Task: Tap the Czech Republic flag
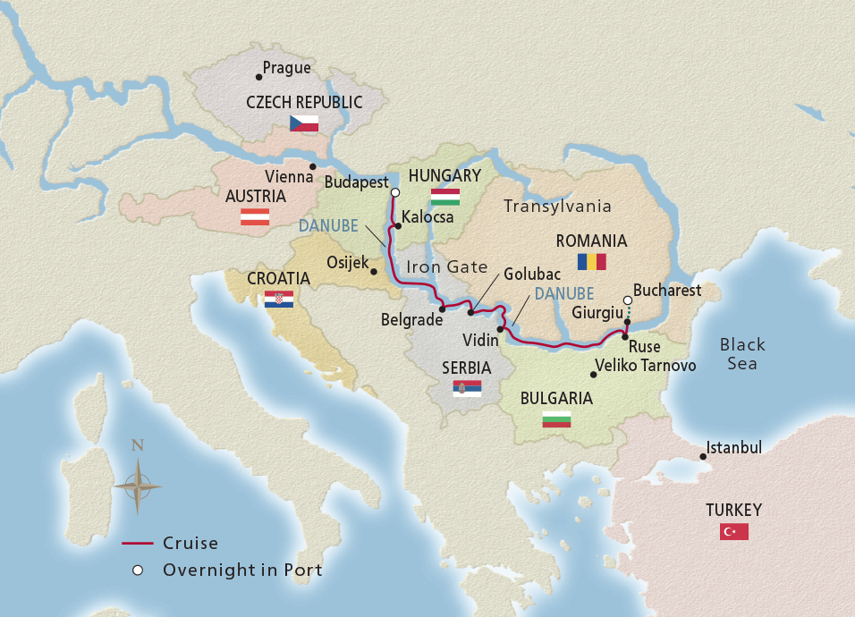coord(304,123)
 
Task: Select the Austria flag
coord(255,216)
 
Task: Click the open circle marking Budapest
coord(395,191)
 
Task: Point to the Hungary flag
coord(444,197)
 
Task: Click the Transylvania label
coord(557,207)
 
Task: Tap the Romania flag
coord(591,261)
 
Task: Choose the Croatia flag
coord(278,300)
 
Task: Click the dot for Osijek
coord(374,270)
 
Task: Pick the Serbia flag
coord(467,388)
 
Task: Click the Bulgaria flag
coord(556,418)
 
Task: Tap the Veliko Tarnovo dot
coord(594,375)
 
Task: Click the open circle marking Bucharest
coord(628,300)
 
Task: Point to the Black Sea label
coord(742,354)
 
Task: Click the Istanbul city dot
coord(704,457)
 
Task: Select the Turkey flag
coord(734,532)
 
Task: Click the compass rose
coord(138,486)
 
